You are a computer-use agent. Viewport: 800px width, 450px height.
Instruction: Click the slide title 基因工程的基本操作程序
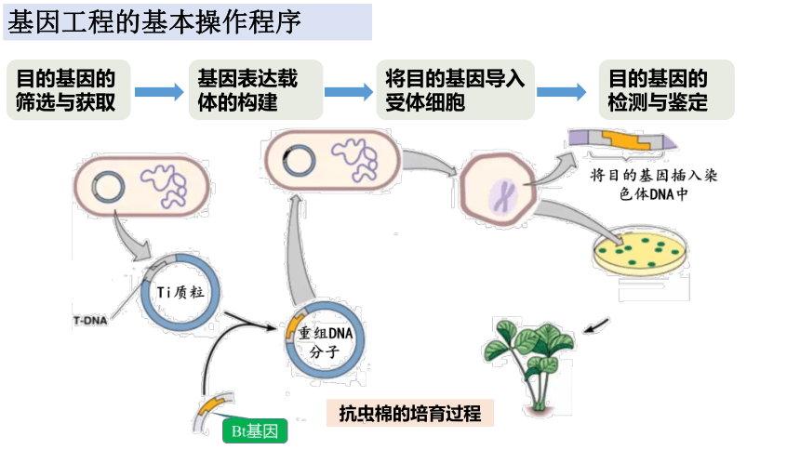click(154, 22)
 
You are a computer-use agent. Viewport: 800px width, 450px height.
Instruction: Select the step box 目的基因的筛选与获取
click(67, 90)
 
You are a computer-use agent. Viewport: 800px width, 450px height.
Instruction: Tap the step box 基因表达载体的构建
click(255, 90)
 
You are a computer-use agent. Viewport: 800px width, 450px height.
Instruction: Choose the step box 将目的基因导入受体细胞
click(456, 90)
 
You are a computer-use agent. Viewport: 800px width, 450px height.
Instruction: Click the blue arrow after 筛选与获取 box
click(159, 91)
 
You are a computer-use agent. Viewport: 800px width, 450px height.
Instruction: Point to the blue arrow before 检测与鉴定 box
click(561, 91)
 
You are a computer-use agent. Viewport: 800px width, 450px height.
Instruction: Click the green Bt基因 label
click(254, 430)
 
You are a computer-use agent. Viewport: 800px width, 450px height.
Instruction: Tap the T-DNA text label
click(90, 320)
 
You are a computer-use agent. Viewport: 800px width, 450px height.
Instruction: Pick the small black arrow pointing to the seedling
click(597, 325)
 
